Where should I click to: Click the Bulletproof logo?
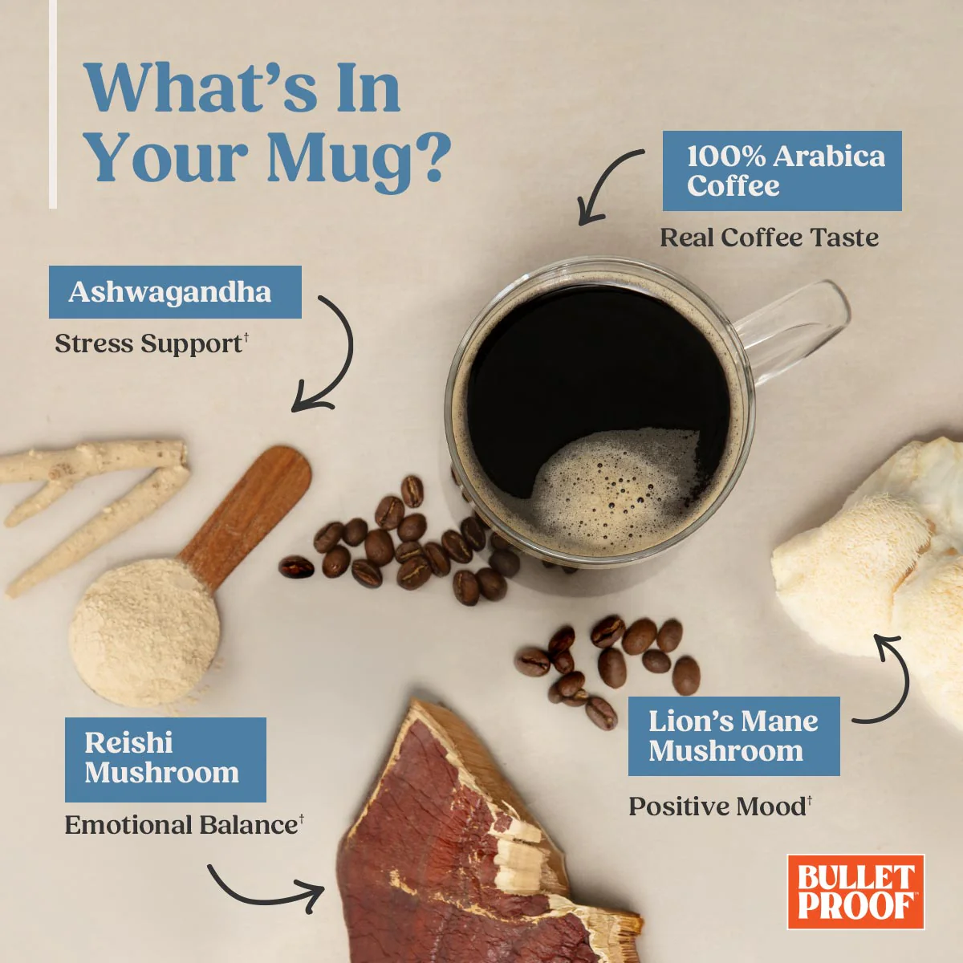[x=855, y=892]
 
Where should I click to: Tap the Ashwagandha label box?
[x=175, y=292]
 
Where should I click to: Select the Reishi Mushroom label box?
[x=165, y=760]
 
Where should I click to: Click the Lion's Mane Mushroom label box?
[x=733, y=736]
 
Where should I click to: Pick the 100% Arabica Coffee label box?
[x=782, y=171]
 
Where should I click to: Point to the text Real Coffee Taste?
[x=769, y=238]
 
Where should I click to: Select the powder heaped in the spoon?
[x=144, y=632]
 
